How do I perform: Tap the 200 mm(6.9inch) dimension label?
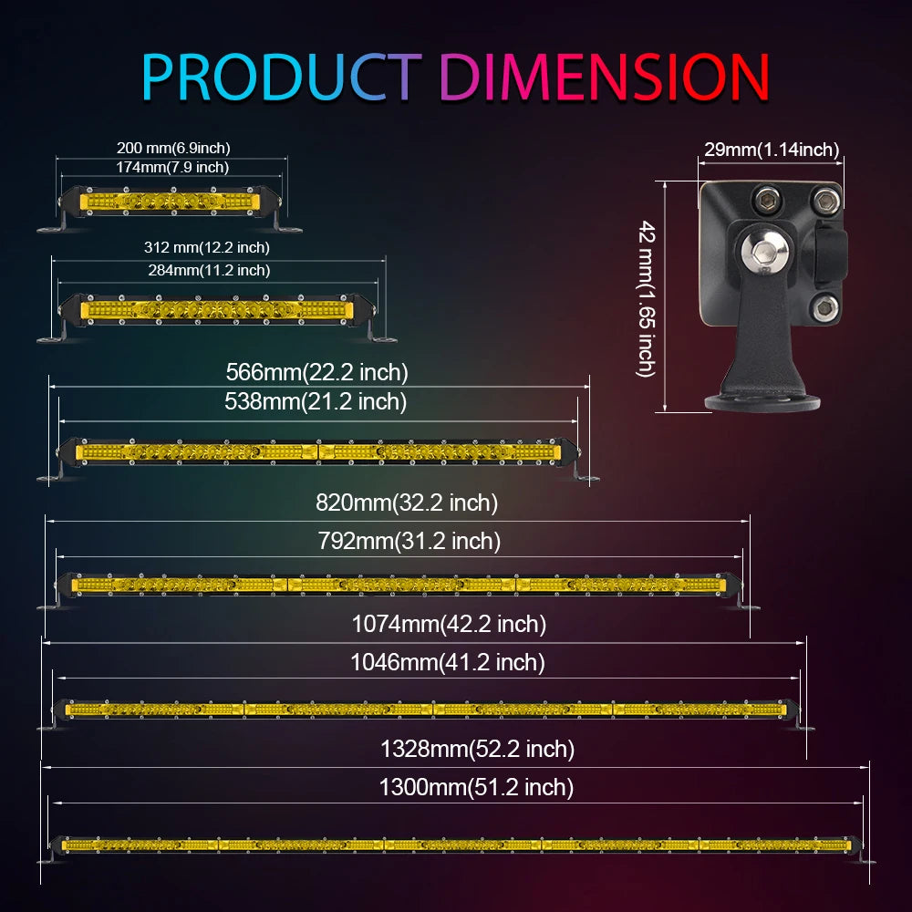click(173, 148)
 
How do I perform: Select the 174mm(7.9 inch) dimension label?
click(172, 167)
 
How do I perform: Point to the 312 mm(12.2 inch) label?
click(207, 247)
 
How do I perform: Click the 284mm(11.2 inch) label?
click(209, 270)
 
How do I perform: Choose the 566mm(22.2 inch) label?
click(316, 372)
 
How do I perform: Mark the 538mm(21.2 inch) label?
click(316, 401)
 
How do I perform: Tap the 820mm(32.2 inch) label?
click(407, 503)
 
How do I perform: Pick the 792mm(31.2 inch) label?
click(409, 541)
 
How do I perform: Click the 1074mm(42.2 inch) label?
click(449, 625)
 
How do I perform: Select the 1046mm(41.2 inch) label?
click(448, 663)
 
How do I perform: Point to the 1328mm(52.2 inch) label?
click(477, 750)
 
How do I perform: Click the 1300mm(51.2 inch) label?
click(476, 787)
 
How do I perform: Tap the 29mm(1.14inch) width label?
click(772, 150)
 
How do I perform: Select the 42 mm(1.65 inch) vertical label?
click(647, 297)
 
